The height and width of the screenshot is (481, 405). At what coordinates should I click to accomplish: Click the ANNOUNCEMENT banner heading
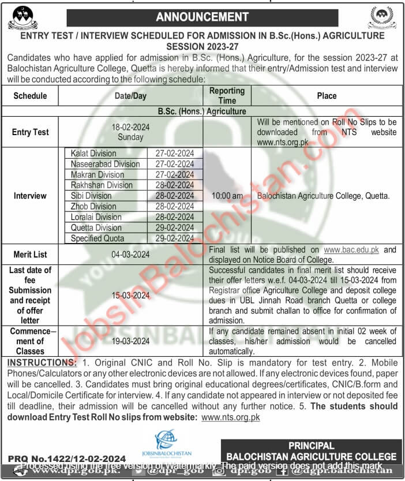click(x=201, y=16)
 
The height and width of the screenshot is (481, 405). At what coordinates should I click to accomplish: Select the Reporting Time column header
click(x=227, y=95)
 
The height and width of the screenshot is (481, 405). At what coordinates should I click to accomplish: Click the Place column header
click(x=327, y=96)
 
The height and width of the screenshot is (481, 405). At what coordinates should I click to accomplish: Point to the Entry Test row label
click(x=30, y=132)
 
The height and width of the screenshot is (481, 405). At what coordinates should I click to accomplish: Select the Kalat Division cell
click(x=93, y=154)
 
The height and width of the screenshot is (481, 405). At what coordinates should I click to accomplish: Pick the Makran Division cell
click(x=97, y=174)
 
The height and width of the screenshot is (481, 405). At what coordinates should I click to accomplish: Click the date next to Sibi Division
click(x=175, y=196)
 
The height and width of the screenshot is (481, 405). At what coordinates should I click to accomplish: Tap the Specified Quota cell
click(x=97, y=238)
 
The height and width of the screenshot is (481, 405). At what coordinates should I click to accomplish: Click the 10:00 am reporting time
click(x=227, y=196)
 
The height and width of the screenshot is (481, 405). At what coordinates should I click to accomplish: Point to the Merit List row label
click(x=30, y=254)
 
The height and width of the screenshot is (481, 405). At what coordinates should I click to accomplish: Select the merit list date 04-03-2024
click(x=132, y=254)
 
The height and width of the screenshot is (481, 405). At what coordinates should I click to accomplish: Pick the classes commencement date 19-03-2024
click(x=132, y=341)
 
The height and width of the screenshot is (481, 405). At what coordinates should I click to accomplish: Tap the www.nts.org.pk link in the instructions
click(x=231, y=416)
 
